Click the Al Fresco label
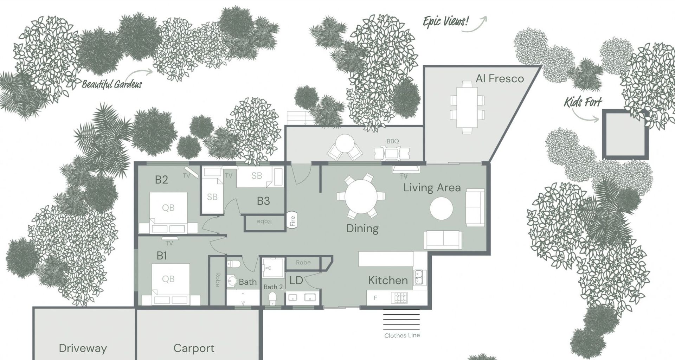[500, 78]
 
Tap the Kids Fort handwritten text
[583, 102]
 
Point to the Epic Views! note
[446, 22]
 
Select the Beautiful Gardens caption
[112, 84]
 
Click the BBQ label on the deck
[393, 141]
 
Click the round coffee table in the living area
[442, 208]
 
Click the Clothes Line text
[402, 335]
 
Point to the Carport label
[194, 348]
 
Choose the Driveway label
[83, 348]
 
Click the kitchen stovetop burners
[400, 298]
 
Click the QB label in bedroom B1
[168, 279]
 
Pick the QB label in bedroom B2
[168, 208]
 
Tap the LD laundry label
[296, 281]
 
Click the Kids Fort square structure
[625, 134]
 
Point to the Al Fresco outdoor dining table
[467, 107]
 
